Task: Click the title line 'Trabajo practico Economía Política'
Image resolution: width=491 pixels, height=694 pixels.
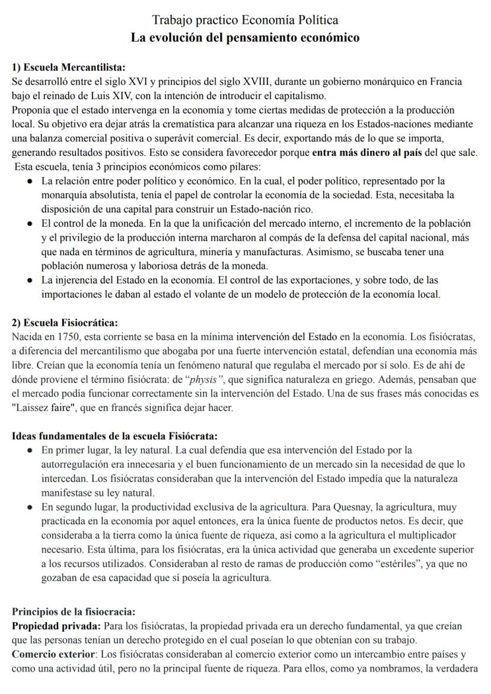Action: (245, 20)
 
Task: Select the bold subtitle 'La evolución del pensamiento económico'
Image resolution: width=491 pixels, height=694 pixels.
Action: (245, 38)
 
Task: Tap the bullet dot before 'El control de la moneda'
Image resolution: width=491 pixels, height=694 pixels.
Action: (29, 224)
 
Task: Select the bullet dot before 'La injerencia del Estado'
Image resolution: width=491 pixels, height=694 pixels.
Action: (29, 280)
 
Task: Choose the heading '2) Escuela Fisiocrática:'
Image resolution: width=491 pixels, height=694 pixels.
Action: (65, 323)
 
